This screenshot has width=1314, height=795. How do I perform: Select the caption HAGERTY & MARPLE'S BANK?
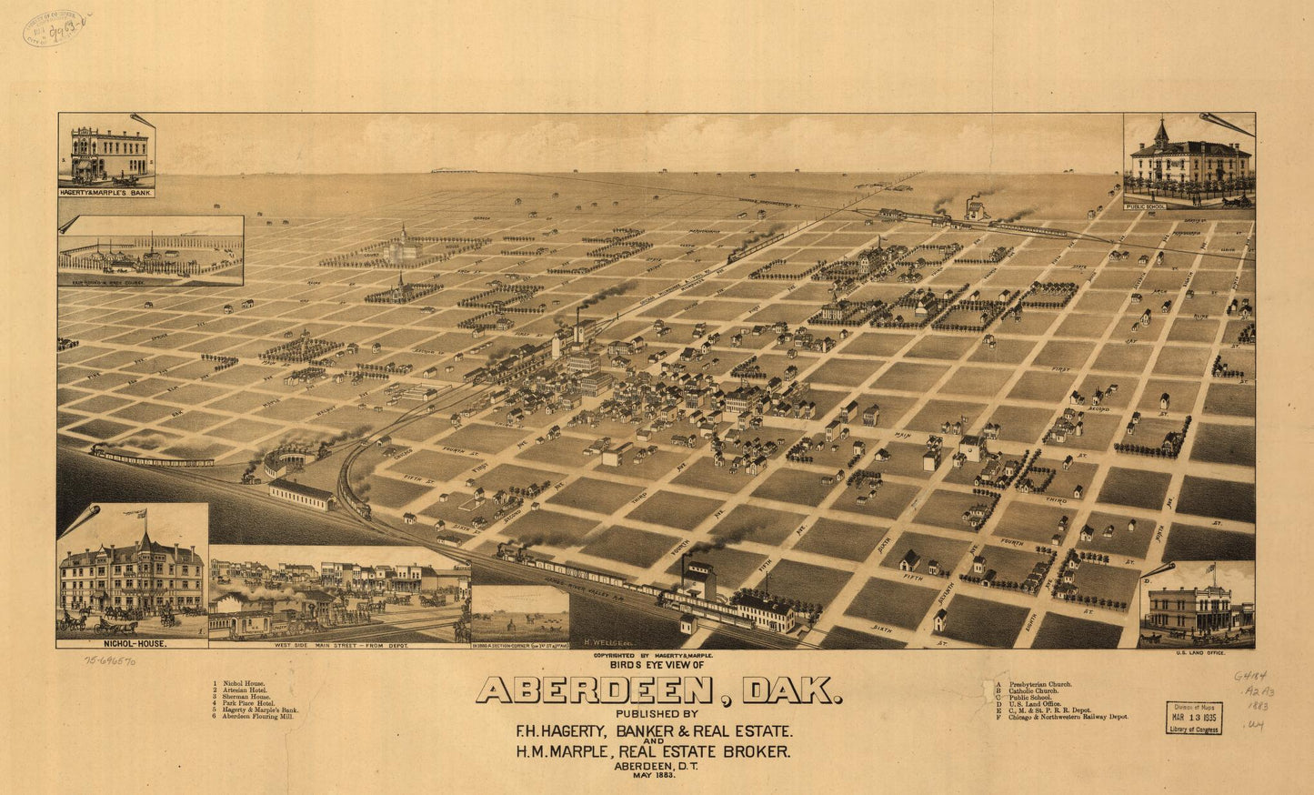(106, 193)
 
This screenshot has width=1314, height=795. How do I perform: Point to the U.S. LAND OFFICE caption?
(1200, 653)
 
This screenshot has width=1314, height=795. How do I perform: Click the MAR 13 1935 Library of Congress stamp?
(1194, 718)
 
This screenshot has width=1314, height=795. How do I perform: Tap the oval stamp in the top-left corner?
(54, 28)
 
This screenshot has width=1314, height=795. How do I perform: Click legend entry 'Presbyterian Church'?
(1034, 683)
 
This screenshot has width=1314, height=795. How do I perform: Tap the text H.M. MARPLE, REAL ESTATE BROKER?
(652, 751)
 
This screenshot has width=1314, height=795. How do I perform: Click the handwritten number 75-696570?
(112, 663)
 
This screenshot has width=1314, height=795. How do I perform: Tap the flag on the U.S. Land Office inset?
(1209, 569)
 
